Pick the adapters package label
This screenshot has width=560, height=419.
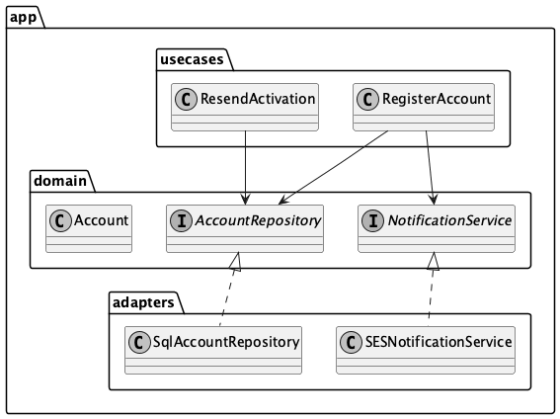coord(143,301)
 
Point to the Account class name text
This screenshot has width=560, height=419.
coord(101,219)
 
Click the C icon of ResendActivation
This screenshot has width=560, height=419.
coord(185,99)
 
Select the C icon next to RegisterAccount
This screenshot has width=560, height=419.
coord(367,99)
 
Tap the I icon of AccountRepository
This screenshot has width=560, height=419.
coord(180,219)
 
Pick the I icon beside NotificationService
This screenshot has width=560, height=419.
coord(369,219)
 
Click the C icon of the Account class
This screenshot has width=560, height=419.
coord(60,219)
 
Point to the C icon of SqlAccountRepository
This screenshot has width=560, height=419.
coord(139,342)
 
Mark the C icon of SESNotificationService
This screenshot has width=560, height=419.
coord(351,342)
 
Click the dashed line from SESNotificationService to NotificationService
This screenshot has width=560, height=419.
coord(432,292)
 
